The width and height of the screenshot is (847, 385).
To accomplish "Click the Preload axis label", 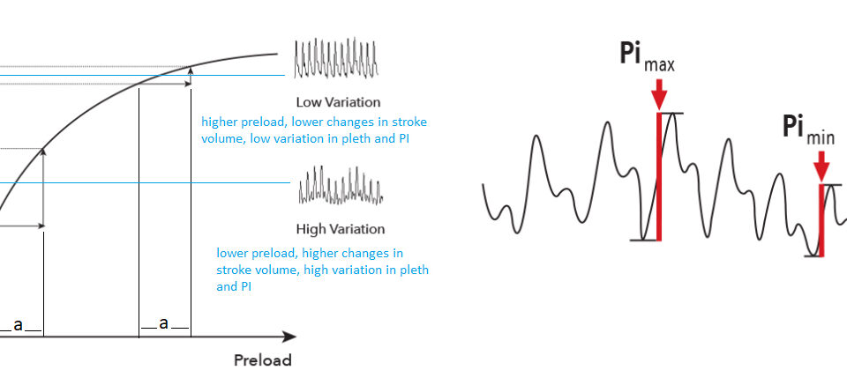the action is [x=263, y=360].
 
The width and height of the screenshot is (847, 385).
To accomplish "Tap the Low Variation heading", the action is [x=338, y=102].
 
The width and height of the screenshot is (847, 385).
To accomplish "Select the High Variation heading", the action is [x=341, y=229].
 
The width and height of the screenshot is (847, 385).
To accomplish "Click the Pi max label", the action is [x=647, y=56].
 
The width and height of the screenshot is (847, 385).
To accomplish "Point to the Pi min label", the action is [x=809, y=130].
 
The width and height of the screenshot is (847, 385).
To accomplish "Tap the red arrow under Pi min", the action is [x=821, y=167].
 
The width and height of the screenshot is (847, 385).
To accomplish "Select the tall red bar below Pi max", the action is [x=659, y=176].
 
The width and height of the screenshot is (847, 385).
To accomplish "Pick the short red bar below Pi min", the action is [x=821, y=220].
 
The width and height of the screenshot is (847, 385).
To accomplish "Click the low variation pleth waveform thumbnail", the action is [x=336, y=57].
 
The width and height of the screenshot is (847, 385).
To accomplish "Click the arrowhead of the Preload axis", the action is [x=289, y=337].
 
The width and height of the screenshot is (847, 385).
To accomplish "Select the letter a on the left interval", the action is [x=19, y=325].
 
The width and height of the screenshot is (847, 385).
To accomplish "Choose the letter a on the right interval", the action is [x=164, y=323].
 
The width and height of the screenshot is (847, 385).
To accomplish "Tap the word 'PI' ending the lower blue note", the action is [x=244, y=287].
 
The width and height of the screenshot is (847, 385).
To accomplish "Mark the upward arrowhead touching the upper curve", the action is [x=190, y=70].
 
